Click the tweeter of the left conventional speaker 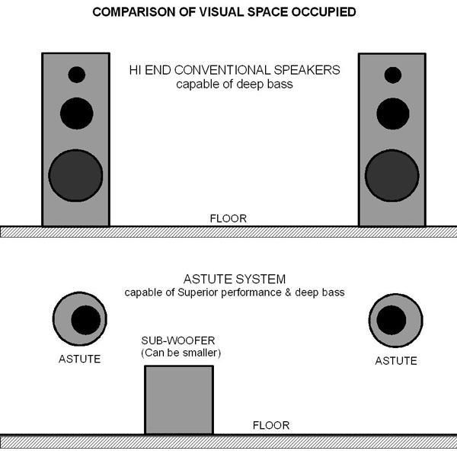point(76,75)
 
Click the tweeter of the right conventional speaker point(392,75)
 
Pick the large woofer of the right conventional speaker point(392,174)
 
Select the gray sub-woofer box point(179,399)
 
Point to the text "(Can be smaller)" point(177,353)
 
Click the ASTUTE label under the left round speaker point(79,358)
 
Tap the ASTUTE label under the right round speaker point(396,360)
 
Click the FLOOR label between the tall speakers point(228,219)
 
